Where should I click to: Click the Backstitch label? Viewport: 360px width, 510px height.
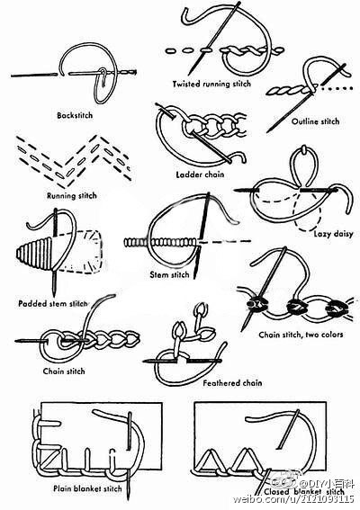(x=75, y=115)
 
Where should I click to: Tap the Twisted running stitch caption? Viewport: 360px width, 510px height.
(x=211, y=84)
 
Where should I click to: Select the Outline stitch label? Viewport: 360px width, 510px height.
(x=315, y=121)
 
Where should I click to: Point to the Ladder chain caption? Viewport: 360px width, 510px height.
(x=200, y=174)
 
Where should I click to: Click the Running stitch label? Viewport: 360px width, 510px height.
(x=72, y=195)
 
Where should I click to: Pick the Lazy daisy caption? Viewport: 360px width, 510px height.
(x=333, y=234)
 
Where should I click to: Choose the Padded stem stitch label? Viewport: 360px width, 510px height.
(x=53, y=303)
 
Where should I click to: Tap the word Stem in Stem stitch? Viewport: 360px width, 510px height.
(x=157, y=275)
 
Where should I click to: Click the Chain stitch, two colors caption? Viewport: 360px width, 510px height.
(x=301, y=335)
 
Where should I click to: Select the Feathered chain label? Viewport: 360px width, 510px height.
(x=232, y=383)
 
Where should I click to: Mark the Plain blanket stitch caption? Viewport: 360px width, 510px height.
(x=87, y=488)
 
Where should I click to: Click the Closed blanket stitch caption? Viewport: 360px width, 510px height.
(x=303, y=492)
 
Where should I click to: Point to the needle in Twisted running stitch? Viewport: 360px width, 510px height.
(x=214, y=38)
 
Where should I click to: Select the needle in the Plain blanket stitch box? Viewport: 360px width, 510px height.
(x=129, y=455)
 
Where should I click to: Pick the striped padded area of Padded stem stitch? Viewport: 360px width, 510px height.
(x=34, y=254)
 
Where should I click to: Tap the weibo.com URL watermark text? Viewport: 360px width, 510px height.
(x=293, y=499)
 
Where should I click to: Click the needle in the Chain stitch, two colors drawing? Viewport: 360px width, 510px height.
(x=264, y=289)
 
